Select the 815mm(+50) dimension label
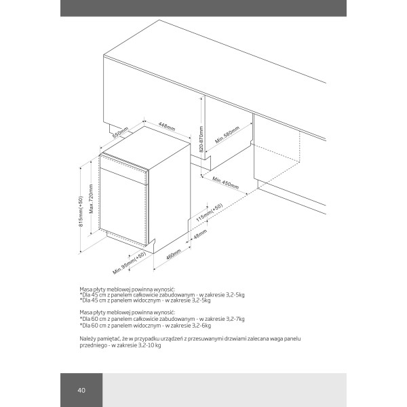pos(81,211)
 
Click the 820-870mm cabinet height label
pos(201,140)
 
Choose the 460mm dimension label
pos(174,255)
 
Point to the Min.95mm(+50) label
pos(130,263)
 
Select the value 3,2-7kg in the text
pos(233,318)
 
